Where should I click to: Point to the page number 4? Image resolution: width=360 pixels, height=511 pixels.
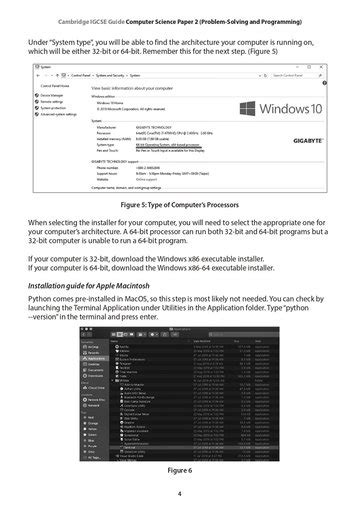point(179,493)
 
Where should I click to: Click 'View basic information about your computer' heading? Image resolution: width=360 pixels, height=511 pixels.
point(134,89)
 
